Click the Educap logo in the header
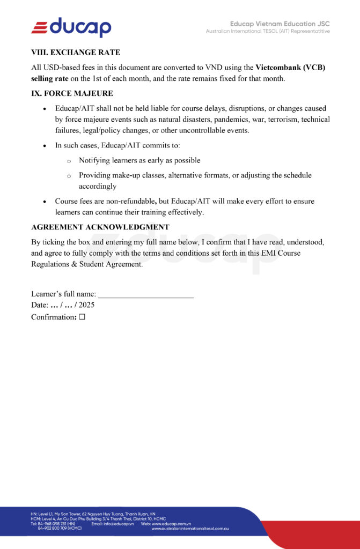click(x=71, y=27)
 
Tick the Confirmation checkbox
click(x=82, y=317)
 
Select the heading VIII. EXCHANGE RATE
click(x=76, y=53)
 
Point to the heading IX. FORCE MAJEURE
click(x=72, y=93)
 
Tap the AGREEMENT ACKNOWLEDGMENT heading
click(x=100, y=227)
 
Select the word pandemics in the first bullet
click(x=224, y=119)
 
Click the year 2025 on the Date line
click(x=86, y=305)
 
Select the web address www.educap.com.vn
click(x=168, y=523)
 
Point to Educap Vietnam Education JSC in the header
click(x=280, y=24)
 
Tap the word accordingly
click(x=98, y=186)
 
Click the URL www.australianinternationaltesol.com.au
click(x=190, y=529)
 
